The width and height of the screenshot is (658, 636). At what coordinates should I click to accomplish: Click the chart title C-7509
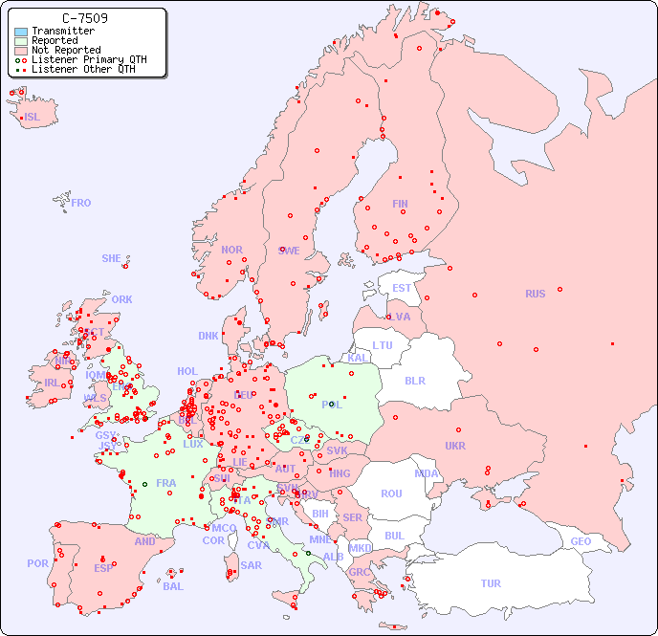(x=84, y=18)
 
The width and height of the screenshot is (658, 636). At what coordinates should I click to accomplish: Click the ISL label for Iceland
(x=33, y=118)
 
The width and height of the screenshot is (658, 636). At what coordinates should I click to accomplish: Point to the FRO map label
(x=81, y=203)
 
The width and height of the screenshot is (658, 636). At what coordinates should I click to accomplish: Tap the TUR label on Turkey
(x=491, y=583)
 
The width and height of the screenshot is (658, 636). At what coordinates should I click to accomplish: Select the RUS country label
(x=535, y=294)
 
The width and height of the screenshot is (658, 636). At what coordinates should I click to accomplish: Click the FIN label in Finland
(x=400, y=204)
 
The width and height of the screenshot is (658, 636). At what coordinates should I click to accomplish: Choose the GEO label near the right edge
(x=581, y=541)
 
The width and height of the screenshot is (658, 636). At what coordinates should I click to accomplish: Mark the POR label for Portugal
(x=37, y=563)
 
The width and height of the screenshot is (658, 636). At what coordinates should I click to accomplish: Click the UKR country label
(x=455, y=446)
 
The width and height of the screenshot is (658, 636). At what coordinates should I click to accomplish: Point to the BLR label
(x=415, y=380)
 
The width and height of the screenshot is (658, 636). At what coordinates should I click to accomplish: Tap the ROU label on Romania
(x=391, y=493)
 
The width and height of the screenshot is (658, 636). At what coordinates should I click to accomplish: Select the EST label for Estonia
(x=402, y=288)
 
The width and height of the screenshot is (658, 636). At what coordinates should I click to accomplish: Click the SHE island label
(x=112, y=258)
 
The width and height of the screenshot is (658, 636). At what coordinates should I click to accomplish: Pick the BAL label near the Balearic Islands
(x=173, y=586)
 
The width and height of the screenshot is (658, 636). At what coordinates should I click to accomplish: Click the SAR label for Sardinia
(x=252, y=565)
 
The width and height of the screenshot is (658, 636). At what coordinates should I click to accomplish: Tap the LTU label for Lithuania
(x=383, y=345)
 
